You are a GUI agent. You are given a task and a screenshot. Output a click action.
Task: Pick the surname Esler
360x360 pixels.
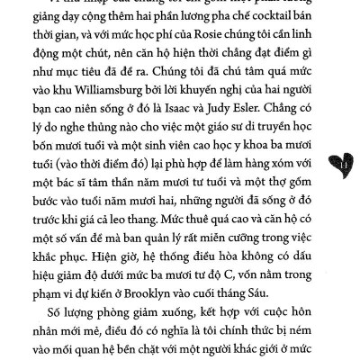294,113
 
